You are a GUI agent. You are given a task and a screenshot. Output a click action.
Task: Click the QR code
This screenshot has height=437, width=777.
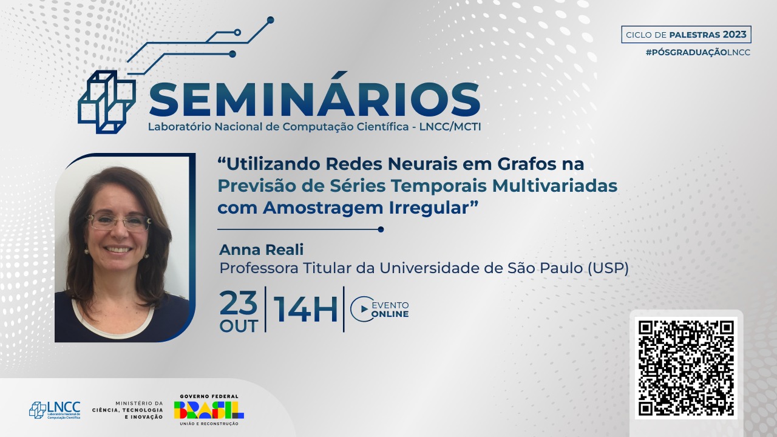tap(686, 368)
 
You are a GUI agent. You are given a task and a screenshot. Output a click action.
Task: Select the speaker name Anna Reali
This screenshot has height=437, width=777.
tap(261, 249)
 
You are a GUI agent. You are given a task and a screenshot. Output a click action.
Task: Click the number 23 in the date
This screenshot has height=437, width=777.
tap(239, 302)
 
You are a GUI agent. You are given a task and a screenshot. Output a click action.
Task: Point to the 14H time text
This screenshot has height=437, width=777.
tap(305, 310)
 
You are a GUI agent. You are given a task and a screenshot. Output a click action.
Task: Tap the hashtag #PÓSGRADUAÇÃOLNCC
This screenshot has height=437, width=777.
tap(698, 52)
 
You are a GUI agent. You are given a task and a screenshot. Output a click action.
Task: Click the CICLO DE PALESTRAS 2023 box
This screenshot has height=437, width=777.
tap(686, 35)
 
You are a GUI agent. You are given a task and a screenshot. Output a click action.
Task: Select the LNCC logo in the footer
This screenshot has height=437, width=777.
tap(55, 410)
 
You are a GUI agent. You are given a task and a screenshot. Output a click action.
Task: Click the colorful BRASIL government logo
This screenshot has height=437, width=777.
tap(209, 410)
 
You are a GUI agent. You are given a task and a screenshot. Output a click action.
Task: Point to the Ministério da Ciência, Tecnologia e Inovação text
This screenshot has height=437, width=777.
tap(127, 410)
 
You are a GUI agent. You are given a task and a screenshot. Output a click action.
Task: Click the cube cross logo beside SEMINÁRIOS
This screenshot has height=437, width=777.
tap(106, 102)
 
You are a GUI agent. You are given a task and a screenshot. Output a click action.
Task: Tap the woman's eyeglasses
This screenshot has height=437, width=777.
tap(118, 222)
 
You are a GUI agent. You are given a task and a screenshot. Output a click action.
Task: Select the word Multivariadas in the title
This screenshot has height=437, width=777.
tap(555, 186)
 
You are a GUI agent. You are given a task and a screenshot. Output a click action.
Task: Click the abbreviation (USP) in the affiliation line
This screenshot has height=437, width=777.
tap(608, 268)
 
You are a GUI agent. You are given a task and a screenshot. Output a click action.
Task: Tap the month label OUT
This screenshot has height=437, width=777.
tap(239, 327)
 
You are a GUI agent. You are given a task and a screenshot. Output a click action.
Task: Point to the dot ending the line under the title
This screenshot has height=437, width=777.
tap(381, 229)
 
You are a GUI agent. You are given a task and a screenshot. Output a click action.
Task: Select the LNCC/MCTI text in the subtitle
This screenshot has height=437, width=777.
tap(450, 127)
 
